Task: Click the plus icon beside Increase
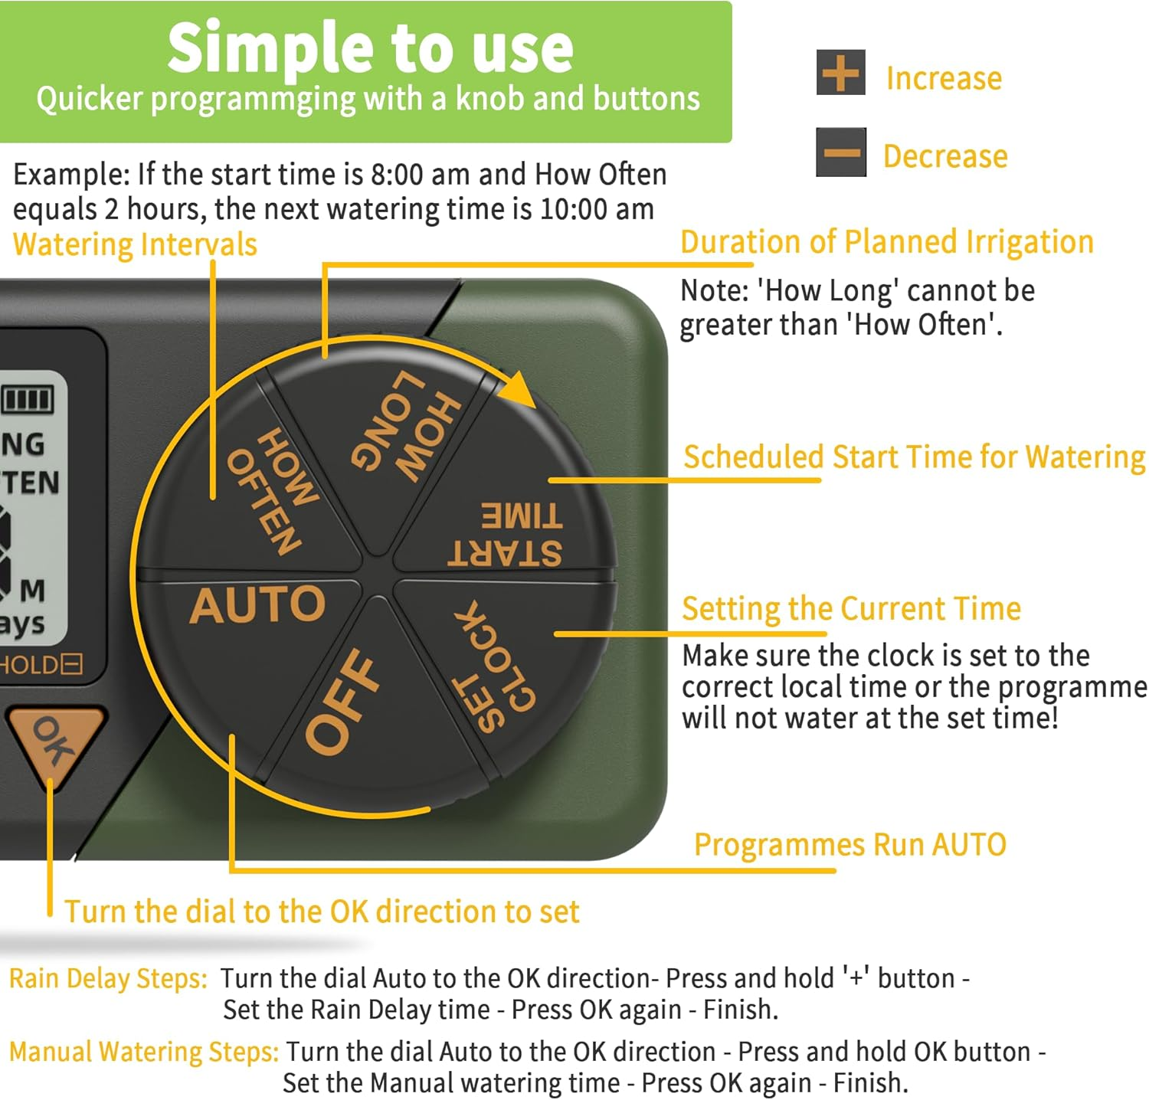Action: pos(840,73)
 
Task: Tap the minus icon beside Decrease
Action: pos(841,152)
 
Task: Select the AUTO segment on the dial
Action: pos(257,605)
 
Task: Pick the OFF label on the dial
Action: pos(342,701)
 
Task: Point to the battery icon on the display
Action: pos(28,399)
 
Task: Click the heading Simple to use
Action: pos(370,47)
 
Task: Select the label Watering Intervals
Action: pos(135,244)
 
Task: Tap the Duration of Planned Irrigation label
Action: pos(886,242)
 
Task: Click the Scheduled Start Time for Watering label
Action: pos(914,457)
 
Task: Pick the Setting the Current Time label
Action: pos(851,609)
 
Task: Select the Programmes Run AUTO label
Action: pos(849,845)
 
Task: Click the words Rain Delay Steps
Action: pos(108,979)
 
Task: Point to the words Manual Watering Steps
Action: pos(144,1052)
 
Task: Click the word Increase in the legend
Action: pos(944,78)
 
